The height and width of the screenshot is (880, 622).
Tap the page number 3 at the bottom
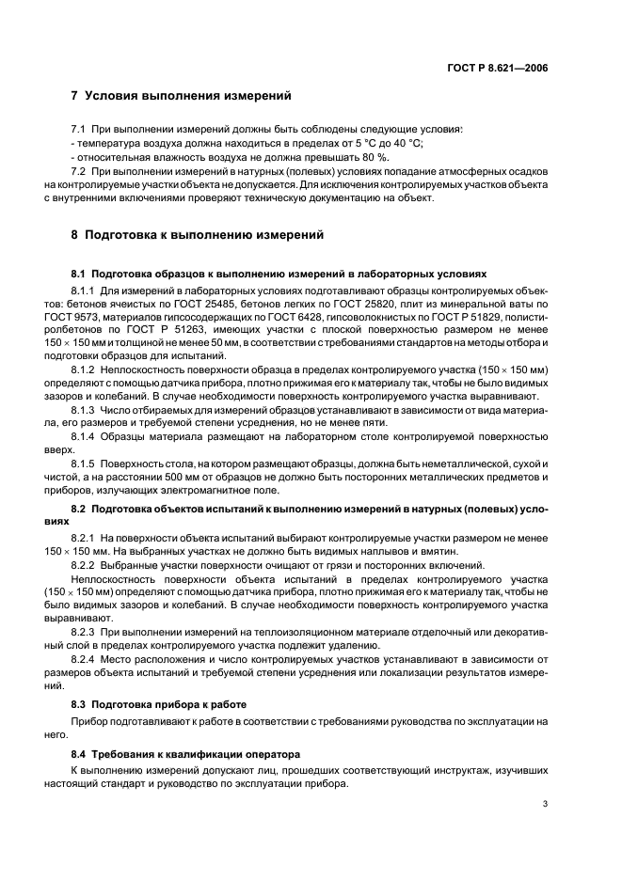click(546, 804)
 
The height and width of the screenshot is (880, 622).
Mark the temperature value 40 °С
click(406, 143)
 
